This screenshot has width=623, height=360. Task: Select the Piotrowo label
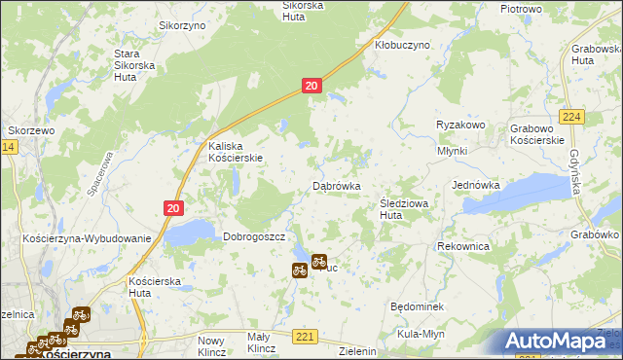coord(521,9)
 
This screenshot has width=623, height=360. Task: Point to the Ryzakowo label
coord(460,125)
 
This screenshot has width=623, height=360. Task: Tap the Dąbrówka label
coord(337,185)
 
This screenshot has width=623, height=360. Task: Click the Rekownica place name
coord(463,246)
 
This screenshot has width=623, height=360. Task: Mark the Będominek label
coord(417,306)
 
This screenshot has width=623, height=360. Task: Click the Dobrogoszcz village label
coord(253,236)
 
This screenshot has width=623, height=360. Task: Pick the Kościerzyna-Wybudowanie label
coord(87,238)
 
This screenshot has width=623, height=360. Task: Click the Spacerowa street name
coord(101,173)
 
